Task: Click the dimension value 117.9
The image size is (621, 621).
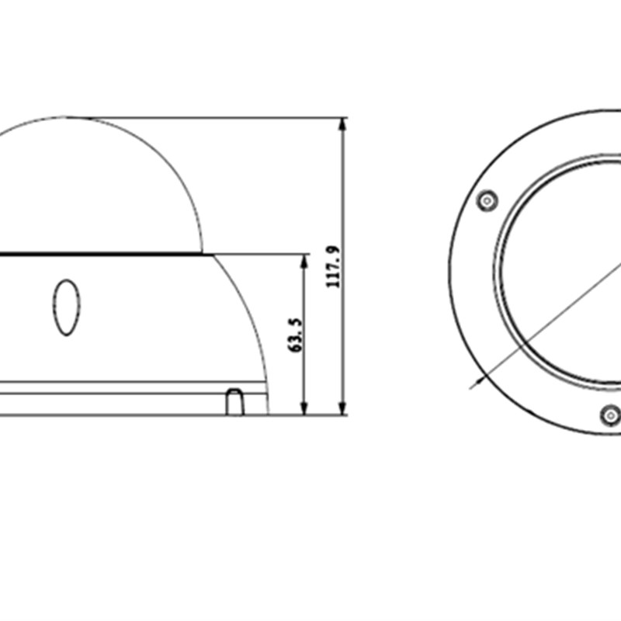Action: [x=334, y=267]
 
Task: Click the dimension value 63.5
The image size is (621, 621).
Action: [x=296, y=335]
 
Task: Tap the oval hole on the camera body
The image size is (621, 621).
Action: [x=66, y=307]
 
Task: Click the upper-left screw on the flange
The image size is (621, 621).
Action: [x=487, y=201]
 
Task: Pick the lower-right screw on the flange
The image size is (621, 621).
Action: [x=611, y=416]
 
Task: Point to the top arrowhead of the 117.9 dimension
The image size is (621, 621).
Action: [x=342, y=124]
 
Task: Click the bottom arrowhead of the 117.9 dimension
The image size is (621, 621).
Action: [x=342, y=408]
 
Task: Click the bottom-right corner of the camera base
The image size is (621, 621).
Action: [x=268, y=414]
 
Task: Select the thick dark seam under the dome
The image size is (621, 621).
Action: [x=101, y=253]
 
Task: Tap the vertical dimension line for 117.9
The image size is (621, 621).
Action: [x=342, y=194]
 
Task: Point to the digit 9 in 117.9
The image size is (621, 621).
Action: [x=334, y=251]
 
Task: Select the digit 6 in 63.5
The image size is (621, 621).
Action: [x=296, y=348]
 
